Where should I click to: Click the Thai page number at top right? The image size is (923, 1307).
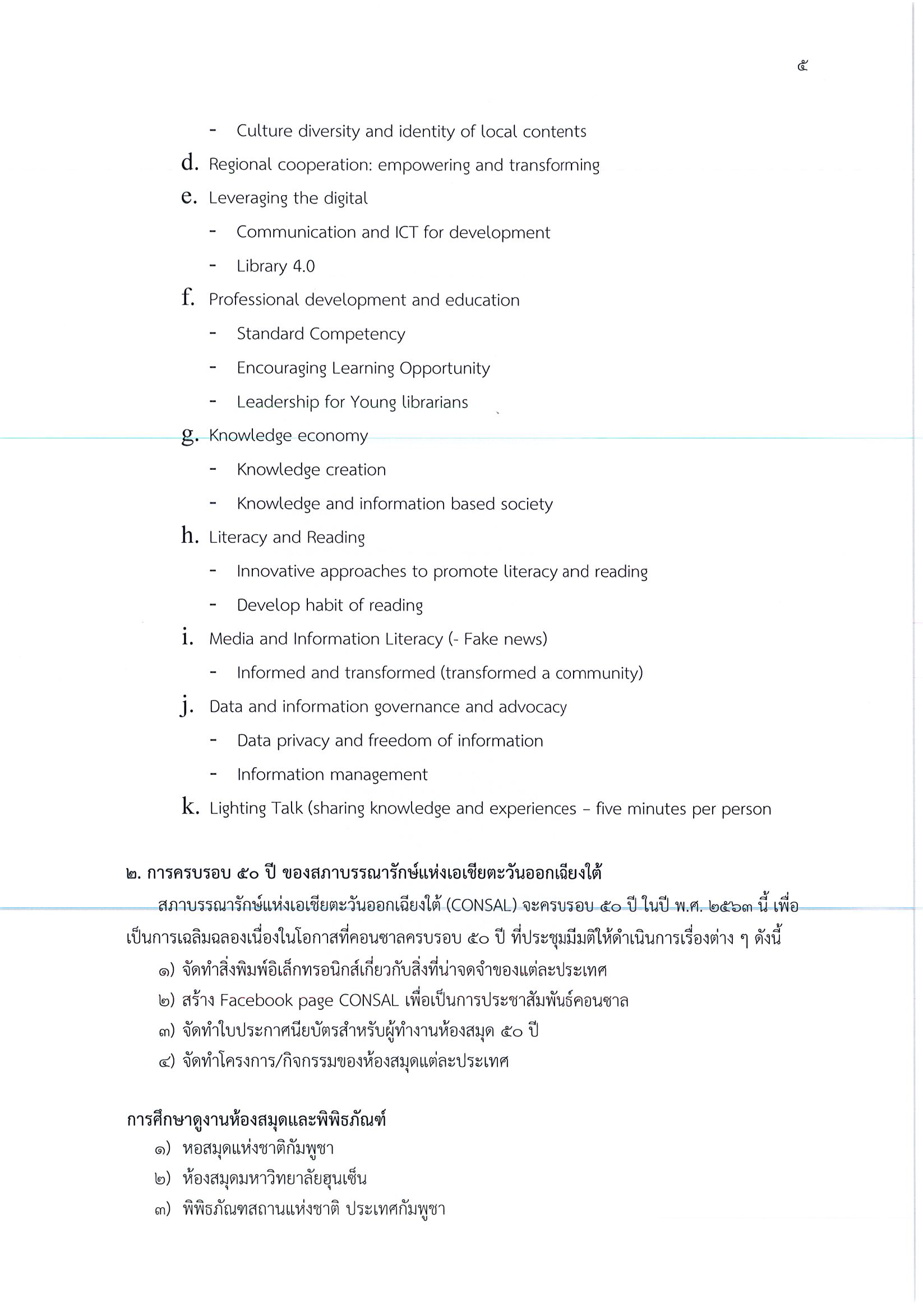(x=802, y=66)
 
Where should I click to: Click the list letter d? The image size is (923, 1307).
(x=189, y=163)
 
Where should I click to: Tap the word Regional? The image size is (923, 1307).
(x=239, y=165)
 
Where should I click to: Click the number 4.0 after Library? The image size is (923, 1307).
(x=303, y=266)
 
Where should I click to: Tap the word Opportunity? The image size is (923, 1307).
(x=444, y=368)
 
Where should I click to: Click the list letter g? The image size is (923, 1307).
(x=190, y=436)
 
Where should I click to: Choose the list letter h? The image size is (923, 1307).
(x=190, y=535)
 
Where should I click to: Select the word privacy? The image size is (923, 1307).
(x=302, y=741)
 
